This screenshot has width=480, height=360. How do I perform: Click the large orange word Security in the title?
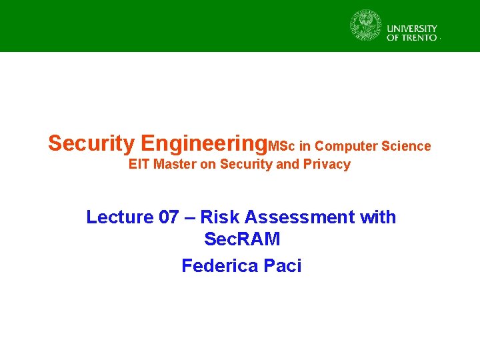[x=92, y=143]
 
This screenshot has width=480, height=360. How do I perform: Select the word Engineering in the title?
[x=204, y=143]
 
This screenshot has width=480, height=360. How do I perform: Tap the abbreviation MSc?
[x=282, y=146]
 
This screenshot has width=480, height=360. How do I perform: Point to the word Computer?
[x=345, y=146]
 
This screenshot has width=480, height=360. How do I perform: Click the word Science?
[x=405, y=146]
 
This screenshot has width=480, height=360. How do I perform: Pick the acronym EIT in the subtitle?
[x=139, y=165]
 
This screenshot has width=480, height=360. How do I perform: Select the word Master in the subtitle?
[x=175, y=165]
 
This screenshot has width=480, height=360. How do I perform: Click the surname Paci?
[x=283, y=266]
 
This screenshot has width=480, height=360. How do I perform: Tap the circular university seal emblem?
[x=366, y=26]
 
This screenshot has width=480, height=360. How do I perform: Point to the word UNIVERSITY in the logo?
[x=412, y=29]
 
